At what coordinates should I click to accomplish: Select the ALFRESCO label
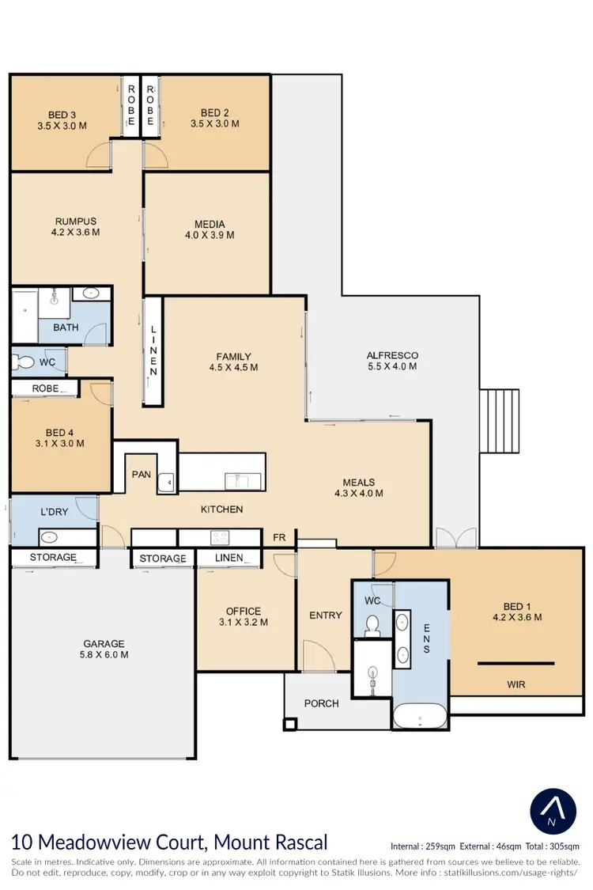(x=392, y=361)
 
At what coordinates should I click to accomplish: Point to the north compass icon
(x=550, y=809)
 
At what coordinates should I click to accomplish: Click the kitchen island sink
(x=237, y=479)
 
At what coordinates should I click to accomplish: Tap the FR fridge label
(x=279, y=536)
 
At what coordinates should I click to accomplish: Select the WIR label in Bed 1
(x=516, y=684)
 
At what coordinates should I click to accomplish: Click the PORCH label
(x=321, y=703)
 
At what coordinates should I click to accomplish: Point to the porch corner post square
(x=290, y=724)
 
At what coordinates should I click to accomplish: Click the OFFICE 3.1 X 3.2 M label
(x=243, y=616)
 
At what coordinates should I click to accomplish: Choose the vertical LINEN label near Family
(x=153, y=350)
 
